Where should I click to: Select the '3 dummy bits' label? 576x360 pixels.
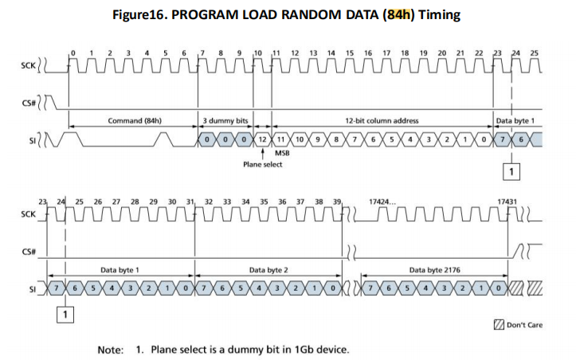click(x=225, y=120)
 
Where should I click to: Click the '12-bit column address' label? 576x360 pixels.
click(x=382, y=120)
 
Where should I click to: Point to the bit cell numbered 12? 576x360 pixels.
click(x=262, y=139)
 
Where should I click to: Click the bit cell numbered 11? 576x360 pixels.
click(x=281, y=139)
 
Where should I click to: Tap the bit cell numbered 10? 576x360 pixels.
click(x=300, y=139)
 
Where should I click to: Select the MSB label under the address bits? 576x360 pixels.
click(x=282, y=153)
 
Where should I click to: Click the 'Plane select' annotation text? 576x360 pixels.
click(x=262, y=165)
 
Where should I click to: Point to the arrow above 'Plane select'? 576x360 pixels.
click(x=262, y=153)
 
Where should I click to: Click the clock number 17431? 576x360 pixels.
click(x=507, y=203)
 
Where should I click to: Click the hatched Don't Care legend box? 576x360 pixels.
click(x=499, y=324)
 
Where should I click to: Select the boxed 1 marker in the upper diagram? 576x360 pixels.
click(x=512, y=170)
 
